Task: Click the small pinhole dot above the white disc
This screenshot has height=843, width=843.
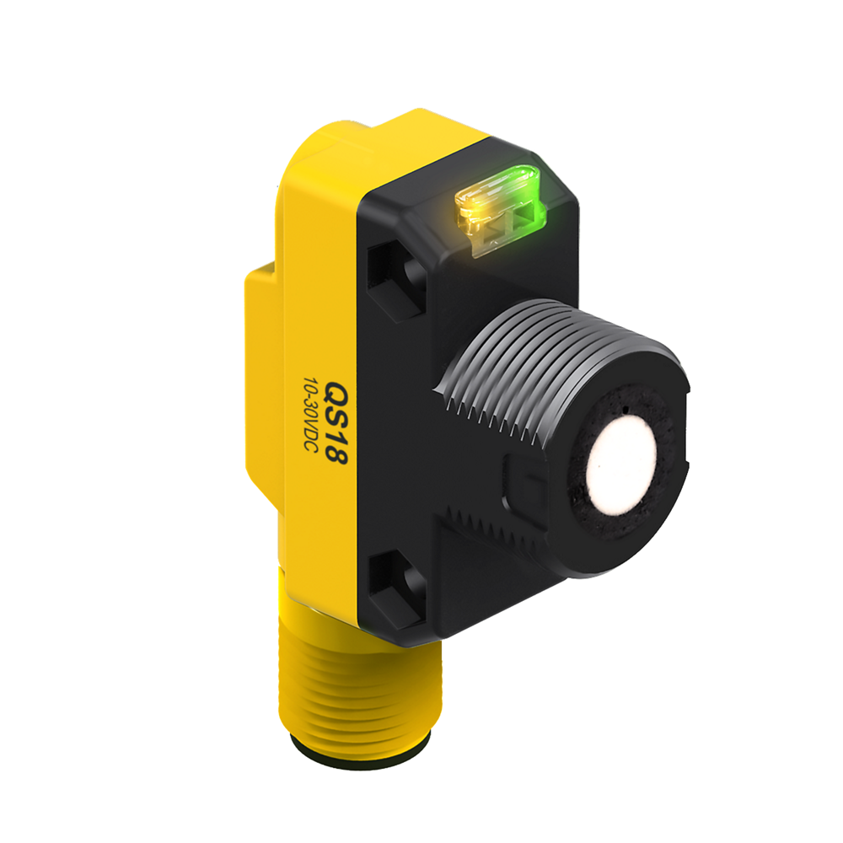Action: [x=628, y=411]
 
